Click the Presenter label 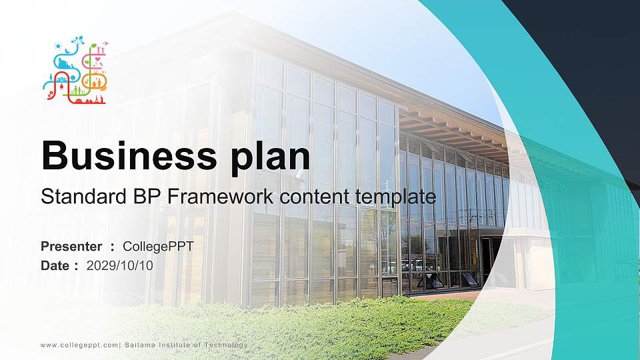71,247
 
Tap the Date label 55,265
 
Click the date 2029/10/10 120,265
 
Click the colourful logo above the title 75,70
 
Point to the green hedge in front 320,327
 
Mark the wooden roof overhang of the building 453,130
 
